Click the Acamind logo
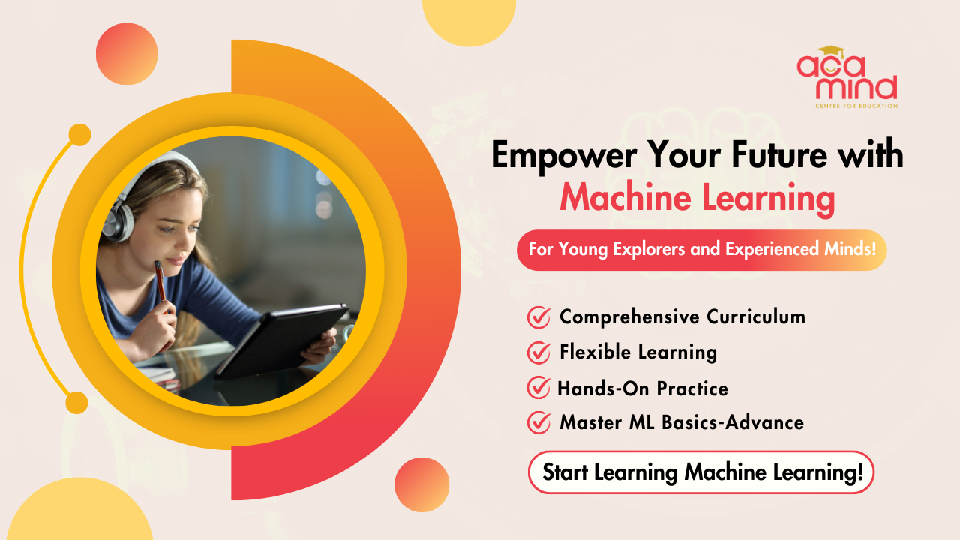coord(847,76)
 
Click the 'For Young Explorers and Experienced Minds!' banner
coord(701,250)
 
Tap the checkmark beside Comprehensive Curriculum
coord(538,317)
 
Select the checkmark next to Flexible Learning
coord(538,352)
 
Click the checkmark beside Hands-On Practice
coord(538,388)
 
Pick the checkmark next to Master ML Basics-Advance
coord(538,422)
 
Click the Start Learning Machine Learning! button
coord(701,472)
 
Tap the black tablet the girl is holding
coord(285,341)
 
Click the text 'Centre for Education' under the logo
coord(856,106)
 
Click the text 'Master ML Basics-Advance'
coord(681,422)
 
